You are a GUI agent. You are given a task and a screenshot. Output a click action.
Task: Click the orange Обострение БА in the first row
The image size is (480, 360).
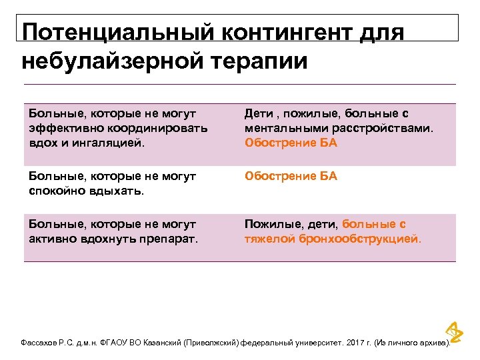click(291, 142)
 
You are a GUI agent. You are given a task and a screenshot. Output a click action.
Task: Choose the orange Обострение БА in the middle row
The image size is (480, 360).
click(291, 176)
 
